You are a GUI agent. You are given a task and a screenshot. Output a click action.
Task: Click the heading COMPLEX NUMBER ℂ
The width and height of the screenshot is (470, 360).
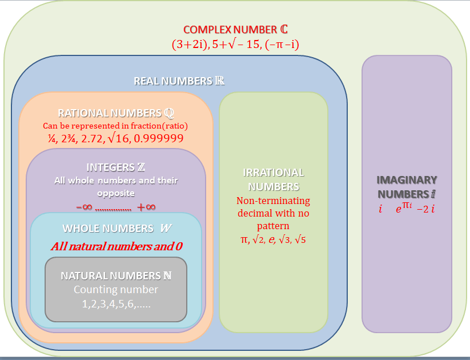231,29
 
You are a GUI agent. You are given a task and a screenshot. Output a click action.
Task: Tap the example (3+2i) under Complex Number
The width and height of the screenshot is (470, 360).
189,44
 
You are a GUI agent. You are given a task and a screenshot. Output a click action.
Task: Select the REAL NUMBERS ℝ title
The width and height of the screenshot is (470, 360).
179,81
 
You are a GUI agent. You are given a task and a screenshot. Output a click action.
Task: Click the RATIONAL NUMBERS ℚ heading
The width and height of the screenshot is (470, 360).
115,113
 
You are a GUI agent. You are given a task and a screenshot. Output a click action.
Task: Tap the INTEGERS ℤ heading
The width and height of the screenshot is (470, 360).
115,167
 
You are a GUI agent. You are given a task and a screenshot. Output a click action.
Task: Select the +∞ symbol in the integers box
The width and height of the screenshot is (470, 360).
147,206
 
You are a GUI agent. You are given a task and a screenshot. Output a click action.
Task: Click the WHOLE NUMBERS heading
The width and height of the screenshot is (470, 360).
116,228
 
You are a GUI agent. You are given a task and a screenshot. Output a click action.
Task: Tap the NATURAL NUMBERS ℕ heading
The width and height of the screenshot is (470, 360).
116,276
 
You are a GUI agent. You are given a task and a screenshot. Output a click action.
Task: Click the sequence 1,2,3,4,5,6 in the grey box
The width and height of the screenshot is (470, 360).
116,303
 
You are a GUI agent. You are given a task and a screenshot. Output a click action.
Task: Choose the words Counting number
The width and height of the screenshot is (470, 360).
116,290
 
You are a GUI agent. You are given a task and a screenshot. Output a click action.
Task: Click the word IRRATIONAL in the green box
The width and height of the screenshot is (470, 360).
274,173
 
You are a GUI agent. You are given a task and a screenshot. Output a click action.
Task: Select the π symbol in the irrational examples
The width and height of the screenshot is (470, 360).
244,239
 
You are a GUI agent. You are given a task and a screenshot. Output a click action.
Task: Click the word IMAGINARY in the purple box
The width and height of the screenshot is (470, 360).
407,179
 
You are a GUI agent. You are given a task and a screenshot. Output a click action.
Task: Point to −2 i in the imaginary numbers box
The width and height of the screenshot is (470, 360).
426,209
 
